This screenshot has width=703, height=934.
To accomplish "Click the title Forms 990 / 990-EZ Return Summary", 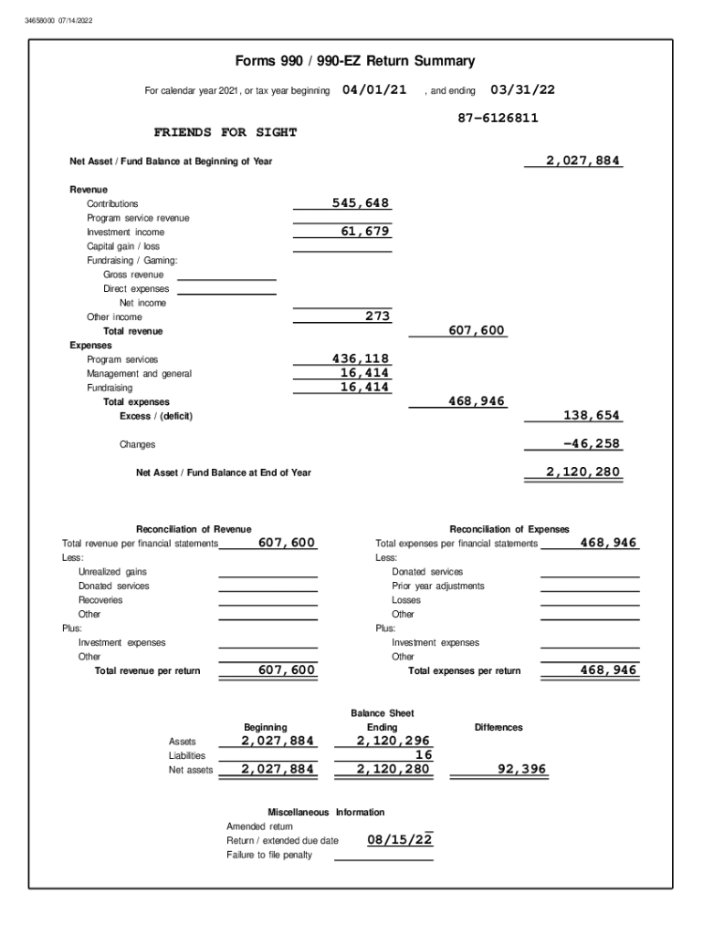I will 355,62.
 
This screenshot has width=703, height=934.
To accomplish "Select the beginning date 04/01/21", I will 374,90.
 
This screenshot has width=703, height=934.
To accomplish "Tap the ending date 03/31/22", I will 522,90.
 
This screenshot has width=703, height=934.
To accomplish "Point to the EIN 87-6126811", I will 498,119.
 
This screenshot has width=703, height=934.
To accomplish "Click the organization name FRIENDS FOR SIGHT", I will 226,133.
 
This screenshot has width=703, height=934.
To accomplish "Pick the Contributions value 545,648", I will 361,203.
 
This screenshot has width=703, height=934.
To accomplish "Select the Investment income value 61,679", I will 365,232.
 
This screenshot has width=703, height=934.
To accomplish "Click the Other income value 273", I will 377,317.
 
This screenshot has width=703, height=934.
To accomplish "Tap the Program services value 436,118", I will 361,359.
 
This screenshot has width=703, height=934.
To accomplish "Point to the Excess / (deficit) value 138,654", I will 593,416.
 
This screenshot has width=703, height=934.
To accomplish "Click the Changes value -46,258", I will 593,444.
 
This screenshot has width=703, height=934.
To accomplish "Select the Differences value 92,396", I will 521,770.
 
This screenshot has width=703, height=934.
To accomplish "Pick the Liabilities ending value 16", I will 423,755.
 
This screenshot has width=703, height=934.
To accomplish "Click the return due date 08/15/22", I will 400,840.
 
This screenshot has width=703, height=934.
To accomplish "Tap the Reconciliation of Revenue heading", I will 194,529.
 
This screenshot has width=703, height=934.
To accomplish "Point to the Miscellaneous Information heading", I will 326,812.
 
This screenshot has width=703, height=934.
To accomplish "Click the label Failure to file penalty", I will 269,855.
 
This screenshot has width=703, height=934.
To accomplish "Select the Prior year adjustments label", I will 438,586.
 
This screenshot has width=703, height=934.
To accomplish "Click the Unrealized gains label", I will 112,572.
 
